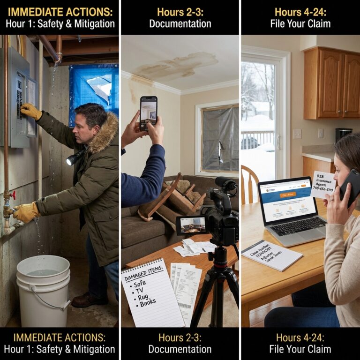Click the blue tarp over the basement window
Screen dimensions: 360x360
coord(94,94)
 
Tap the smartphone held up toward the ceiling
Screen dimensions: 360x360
coord(148,113)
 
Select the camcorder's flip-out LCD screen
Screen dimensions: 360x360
coord(191,225)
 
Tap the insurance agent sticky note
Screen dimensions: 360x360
coord(323,184)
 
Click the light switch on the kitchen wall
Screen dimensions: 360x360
coord(297,134)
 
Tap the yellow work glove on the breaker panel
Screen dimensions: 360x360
coord(31,111)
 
